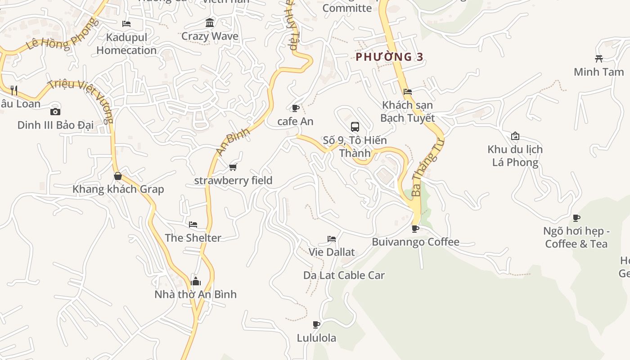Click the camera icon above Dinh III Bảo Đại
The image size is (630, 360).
[x=55, y=112]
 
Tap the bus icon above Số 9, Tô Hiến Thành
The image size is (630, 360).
[x=355, y=126]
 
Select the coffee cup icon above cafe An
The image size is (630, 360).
[x=296, y=108]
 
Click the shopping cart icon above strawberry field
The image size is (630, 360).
[x=233, y=167]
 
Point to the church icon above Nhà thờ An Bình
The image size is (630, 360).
[x=196, y=281]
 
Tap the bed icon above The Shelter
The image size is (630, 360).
[x=193, y=225]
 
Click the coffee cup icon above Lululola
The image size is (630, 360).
[x=316, y=324]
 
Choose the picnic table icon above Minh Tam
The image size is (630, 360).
[x=598, y=58]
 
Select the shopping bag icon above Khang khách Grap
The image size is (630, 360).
[x=118, y=176]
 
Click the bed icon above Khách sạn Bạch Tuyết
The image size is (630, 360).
[x=408, y=92]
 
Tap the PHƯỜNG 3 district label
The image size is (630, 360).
[x=390, y=57]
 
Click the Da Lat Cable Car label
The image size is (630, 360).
[x=344, y=275]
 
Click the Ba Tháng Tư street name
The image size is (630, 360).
[x=427, y=167]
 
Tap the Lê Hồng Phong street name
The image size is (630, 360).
[x=61, y=35]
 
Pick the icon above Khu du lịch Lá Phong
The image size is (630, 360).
[x=515, y=136]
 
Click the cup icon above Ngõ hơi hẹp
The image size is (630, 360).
[x=576, y=218]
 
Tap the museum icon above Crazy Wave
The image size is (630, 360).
[x=210, y=22]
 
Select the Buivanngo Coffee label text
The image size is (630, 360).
[x=415, y=242]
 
